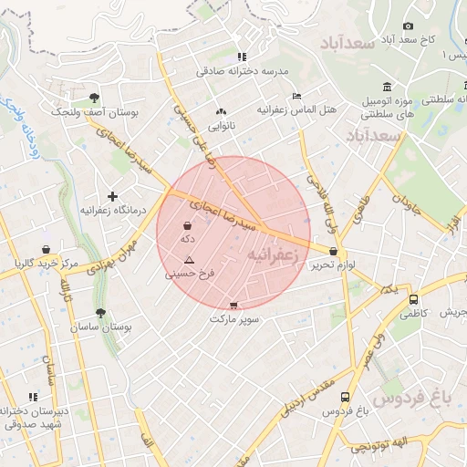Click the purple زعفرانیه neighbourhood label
[274, 256]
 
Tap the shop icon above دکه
[188, 225]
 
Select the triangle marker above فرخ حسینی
[189, 261]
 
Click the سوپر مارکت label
[234, 319]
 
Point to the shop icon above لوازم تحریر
[333, 252]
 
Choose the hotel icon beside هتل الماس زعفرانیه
[296, 96]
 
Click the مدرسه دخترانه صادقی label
[242, 70]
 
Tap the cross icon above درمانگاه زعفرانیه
[112, 196]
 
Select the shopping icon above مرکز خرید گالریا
[46, 250]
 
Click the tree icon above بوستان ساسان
[100, 313]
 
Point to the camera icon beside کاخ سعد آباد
[408, 26]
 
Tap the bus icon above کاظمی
[413, 299]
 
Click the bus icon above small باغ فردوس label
[345, 398]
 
